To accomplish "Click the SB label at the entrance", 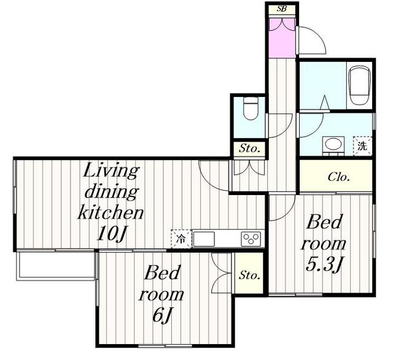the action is tap(281, 9).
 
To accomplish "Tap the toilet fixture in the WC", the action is tap(251, 109).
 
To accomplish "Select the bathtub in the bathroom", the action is tap(360, 85).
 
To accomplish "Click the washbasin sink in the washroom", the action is tap(333, 145).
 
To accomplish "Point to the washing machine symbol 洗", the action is tap(362, 146).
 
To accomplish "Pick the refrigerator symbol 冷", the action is tap(181, 239).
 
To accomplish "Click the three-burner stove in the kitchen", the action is tap(251, 239).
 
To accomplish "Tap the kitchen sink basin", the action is tap(204, 239).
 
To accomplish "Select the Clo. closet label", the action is tap(338, 177).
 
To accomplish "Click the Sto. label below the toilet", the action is tap(249, 148).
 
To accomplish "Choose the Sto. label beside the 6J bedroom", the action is tap(249, 275).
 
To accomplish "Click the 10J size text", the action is tap(112, 234).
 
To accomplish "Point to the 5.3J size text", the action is tap(324, 264).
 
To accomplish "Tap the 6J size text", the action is tap(162, 315).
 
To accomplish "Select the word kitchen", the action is tap(111, 213).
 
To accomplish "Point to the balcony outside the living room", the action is tap(56, 266).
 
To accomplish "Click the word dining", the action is tap(112, 193).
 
